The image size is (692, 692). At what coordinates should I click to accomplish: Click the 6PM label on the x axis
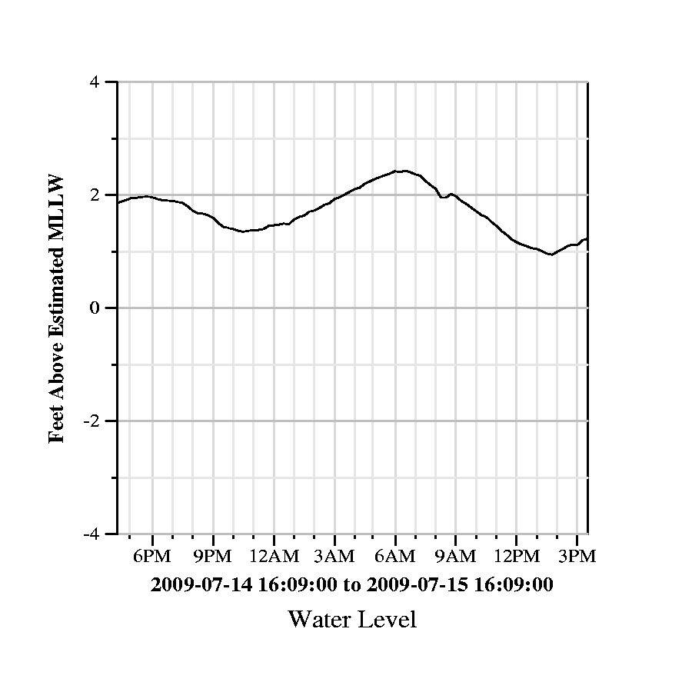(152, 556)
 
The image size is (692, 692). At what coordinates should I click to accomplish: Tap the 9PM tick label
(213, 556)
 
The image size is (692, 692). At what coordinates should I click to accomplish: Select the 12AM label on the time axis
(274, 556)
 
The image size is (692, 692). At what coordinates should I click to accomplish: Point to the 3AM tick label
(334, 556)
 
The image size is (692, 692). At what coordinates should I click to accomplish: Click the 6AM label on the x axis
(395, 556)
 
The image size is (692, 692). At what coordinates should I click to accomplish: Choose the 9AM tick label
(456, 556)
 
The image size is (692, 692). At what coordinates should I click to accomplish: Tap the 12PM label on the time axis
(516, 556)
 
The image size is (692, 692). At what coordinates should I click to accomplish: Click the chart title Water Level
(352, 619)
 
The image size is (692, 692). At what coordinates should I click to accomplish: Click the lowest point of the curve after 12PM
(551, 255)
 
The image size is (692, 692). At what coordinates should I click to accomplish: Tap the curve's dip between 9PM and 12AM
(243, 231)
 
